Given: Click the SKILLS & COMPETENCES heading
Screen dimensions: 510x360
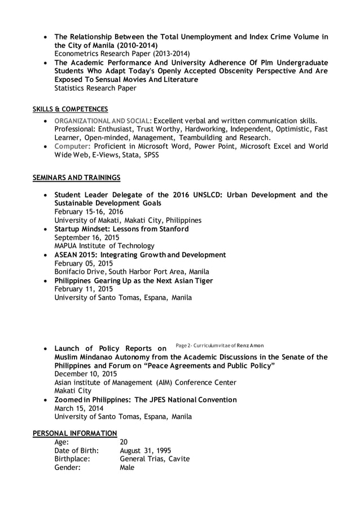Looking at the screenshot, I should point(71,109).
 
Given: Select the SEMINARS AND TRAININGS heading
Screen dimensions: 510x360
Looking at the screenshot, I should point(76,178).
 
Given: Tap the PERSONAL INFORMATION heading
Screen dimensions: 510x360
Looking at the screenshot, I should point(74,433).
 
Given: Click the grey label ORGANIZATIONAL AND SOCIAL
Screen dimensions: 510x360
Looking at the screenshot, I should point(103,120).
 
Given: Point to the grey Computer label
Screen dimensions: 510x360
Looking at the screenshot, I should point(72,146).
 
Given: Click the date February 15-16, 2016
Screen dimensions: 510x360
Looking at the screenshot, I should point(89,212).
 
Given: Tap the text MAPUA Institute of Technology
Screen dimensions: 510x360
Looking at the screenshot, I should point(104,246).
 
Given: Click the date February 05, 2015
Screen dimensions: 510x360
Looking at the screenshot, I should point(84,263).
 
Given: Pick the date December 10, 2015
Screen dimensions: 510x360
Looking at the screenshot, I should point(86,374).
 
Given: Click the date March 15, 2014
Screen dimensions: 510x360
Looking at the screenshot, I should point(78,408).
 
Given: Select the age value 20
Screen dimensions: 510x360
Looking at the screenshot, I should point(124,442).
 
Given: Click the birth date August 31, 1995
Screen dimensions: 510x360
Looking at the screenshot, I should point(144,451).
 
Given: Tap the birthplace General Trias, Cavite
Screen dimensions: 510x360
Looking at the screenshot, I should point(155,459).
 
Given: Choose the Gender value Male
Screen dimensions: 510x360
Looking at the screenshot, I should point(128,468).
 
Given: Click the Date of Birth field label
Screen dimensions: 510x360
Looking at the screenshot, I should point(76,451).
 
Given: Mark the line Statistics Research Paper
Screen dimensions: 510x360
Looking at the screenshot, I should point(95,88).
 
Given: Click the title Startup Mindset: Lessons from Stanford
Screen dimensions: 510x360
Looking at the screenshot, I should point(121,229).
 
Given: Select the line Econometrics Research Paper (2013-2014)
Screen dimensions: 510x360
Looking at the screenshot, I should point(118,54).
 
